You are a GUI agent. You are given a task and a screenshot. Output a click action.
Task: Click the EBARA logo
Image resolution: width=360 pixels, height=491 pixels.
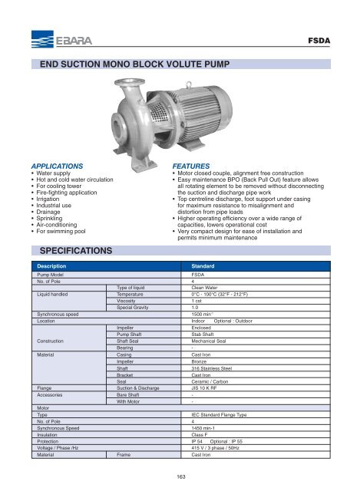pos(51,36)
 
